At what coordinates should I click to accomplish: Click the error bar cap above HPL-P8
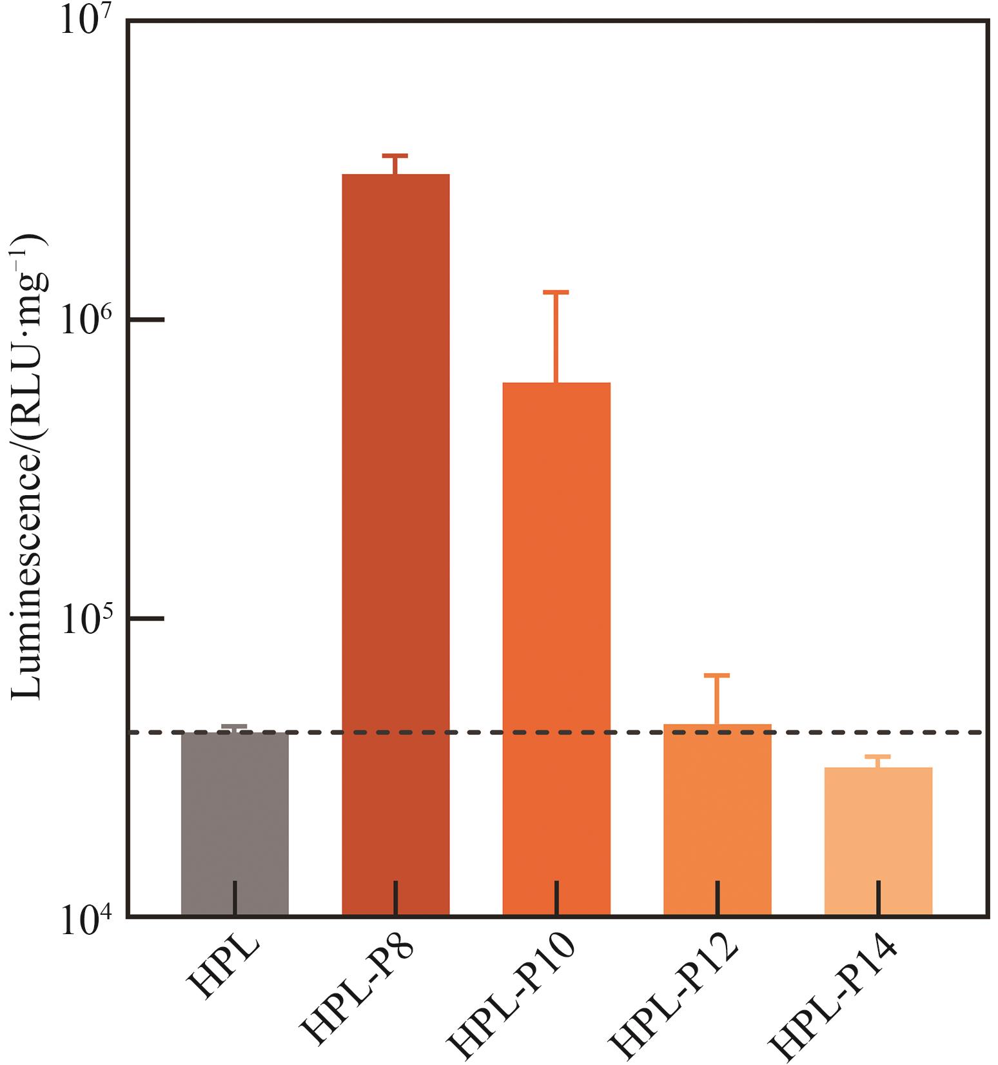coord(395,156)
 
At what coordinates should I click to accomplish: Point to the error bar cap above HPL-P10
coord(556,293)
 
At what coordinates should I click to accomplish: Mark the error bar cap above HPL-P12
coord(717,676)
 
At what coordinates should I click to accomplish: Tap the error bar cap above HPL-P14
coord(877,757)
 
